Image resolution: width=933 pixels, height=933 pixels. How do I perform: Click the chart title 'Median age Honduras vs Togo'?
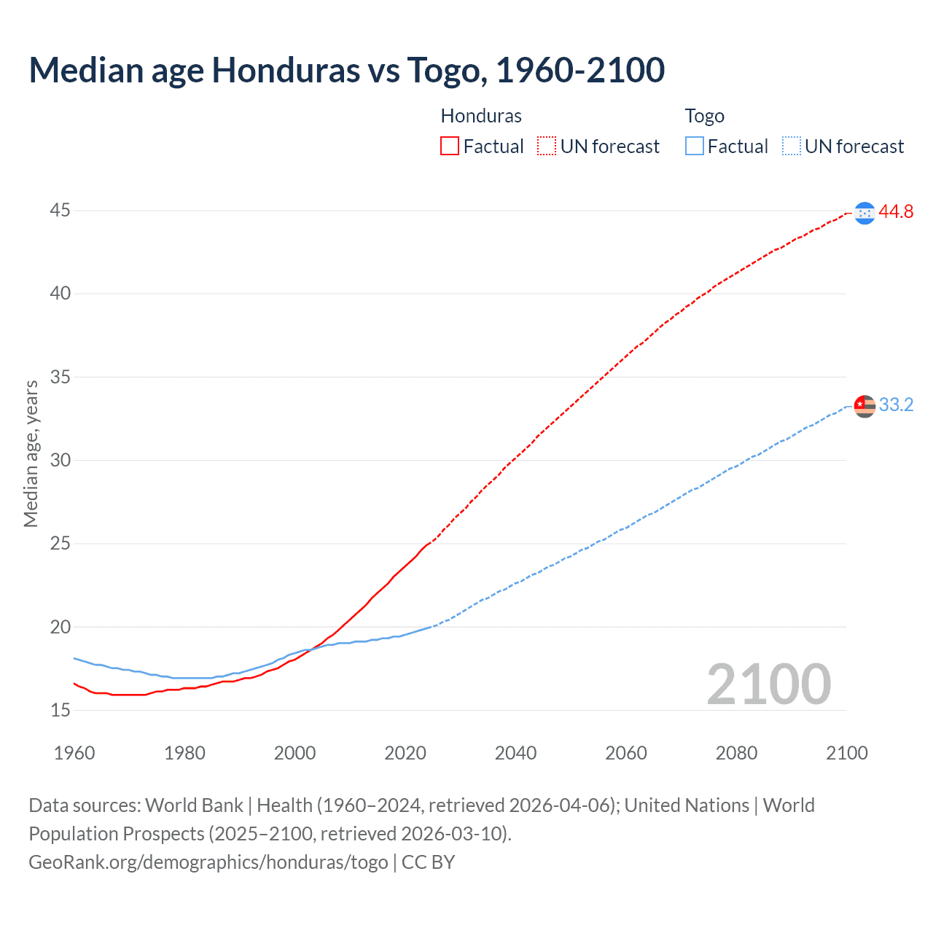(x=346, y=70)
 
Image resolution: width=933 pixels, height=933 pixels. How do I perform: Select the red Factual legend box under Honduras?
(x=450, y=147)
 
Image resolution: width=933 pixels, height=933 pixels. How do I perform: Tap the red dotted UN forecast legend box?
(x=546, y=147)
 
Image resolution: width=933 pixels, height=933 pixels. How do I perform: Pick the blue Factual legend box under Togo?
(x=694, y=147)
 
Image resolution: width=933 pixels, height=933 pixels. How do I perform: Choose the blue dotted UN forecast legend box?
(x=791, y=147)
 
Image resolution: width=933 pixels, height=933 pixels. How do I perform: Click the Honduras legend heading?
(x=481, y=116)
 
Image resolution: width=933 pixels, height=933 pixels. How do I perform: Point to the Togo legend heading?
(x=704, y=116)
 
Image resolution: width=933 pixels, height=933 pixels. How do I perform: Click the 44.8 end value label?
(x=896, y=212)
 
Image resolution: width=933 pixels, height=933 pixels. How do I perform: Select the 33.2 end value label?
(x=896, y=405)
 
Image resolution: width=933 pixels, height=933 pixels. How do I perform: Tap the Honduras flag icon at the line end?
(x=864, y=213)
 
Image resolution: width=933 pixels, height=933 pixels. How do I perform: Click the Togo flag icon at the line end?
(x=864, y=405)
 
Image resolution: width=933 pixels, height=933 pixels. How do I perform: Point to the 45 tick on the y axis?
(x=60, y=211)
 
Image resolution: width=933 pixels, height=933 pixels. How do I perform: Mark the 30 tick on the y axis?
(x=60, y=460)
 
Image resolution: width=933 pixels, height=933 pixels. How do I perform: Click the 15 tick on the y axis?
(x=60, y=710)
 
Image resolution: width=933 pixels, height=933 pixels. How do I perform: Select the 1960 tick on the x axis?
(x=74, y=753)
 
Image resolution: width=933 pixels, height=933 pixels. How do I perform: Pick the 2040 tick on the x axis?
(x=515, y=753)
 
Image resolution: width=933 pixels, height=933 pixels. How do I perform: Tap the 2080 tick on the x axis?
(x=736, y=753)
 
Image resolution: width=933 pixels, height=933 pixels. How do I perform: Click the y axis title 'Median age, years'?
(x=31, y=453)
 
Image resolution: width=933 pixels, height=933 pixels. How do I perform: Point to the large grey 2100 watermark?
(x=768, y=684)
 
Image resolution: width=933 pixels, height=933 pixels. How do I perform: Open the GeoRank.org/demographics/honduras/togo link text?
(x=208, y=862)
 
